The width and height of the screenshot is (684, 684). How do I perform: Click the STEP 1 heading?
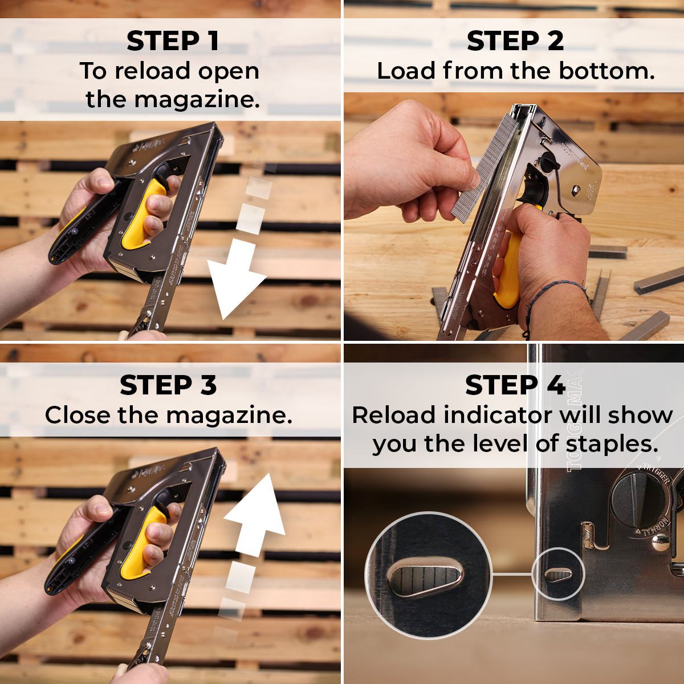tap(172, 41)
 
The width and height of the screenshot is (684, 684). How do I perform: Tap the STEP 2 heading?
tap(515, 41)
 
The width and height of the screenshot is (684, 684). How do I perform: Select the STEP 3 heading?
tap(168, 385)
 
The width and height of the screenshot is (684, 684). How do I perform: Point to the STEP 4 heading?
tap(515, 385)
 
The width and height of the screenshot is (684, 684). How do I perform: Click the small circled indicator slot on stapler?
tap(559, 575)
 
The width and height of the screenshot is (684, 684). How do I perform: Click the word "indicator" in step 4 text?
tap(498, 415)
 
